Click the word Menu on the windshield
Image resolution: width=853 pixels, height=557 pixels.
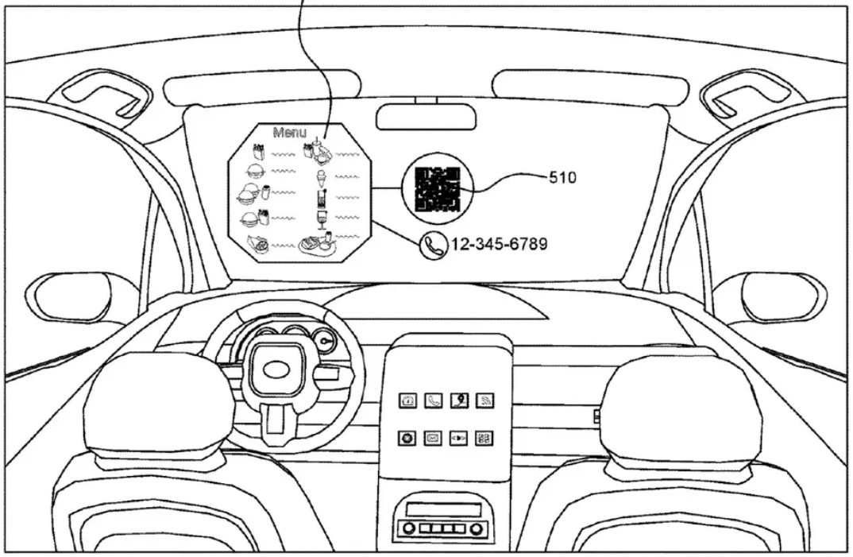pyautogui.click(x=289, y=133)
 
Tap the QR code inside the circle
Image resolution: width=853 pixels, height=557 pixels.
pyautogui.click(x=438, y=189)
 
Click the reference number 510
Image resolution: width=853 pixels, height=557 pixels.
pyautogui.click(x=562, y=178)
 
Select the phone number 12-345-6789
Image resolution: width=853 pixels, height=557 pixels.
pyautogui.click(x=499, y=244)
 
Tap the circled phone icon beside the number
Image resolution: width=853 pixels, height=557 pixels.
pyautogui.click(x=434, y=245)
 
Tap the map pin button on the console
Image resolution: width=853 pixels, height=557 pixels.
pyautogui.click(x=459, y=401)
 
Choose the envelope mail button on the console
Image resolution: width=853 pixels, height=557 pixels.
pyautogui.click(x=434, y=438)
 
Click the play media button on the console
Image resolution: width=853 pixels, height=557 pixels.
pyautogui.click(x=459, y=438)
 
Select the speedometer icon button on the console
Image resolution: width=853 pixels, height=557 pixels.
pyautogui.click(x=407, y=401)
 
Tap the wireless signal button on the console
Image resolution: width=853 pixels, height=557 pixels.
pyautogui.click(x=484, y=401)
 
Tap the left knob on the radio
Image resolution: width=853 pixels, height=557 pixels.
pyautogui.click(x=408, y=528)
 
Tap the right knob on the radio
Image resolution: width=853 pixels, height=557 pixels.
pyautogui.click(x=475, y=528)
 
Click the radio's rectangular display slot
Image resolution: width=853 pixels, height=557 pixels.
pyautogui.click(x=442, y=509)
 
